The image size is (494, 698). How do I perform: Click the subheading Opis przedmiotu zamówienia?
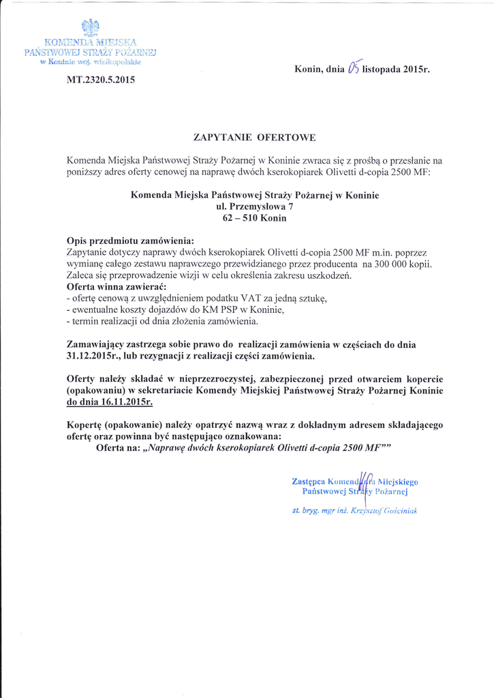pyautogui.click(x=130, y=241)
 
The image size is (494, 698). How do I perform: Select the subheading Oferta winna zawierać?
pyautogui.click(x=112, y=287)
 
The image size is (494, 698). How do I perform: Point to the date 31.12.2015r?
pyautogui.click(x=96, y=356)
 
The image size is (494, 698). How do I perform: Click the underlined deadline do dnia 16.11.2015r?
pyautogui.click(x=109, y=402)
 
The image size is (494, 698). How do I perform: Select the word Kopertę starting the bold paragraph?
pyautogui.click(x=86, y=425)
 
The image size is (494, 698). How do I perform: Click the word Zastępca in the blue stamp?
pyautogui.click(x=308, y=481)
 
